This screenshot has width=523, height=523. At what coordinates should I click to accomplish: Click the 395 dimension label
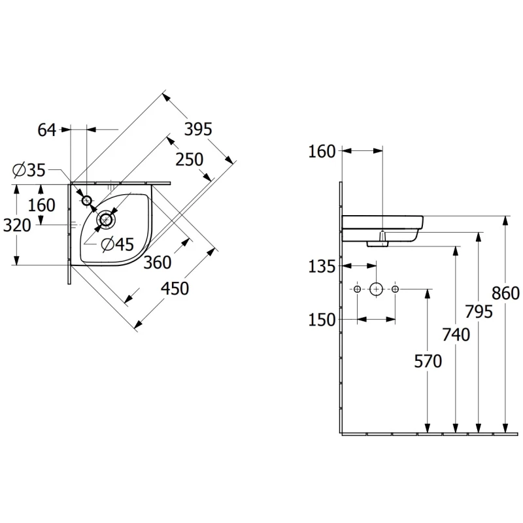point(198,129)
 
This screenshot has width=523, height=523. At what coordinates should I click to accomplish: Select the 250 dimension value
point(189,160)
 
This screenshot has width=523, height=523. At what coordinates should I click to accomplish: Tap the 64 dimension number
point(46,129)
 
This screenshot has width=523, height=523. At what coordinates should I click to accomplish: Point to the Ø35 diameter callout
point(29,170)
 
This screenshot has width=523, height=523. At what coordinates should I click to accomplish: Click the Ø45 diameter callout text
point(118,244)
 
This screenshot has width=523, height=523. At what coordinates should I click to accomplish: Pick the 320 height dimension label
point(17,225)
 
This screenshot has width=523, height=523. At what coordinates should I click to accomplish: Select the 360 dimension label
point(158,262)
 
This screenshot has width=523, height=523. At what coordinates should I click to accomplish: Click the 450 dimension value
point(175,288)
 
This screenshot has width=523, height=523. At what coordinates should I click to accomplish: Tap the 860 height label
point(505,294)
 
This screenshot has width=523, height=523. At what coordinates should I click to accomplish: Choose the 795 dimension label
point(479,312)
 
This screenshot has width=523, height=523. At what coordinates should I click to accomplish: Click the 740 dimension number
point(456,334)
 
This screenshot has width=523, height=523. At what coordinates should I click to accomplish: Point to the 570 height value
point(428,361)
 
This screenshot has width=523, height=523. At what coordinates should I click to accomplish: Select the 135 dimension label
point(322,267)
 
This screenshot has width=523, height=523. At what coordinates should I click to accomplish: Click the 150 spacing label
point(322,320)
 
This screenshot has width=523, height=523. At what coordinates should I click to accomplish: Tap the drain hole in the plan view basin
point(106,220)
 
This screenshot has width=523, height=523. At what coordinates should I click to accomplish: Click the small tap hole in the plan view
point(87,201)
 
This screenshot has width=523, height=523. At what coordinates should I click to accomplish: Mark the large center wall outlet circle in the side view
point(377,289)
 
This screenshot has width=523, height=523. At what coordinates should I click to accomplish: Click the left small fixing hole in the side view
point(357,289)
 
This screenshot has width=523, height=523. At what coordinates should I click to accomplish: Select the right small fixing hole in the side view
point(396,289)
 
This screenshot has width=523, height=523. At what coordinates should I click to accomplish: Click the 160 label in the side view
point(322,152)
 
